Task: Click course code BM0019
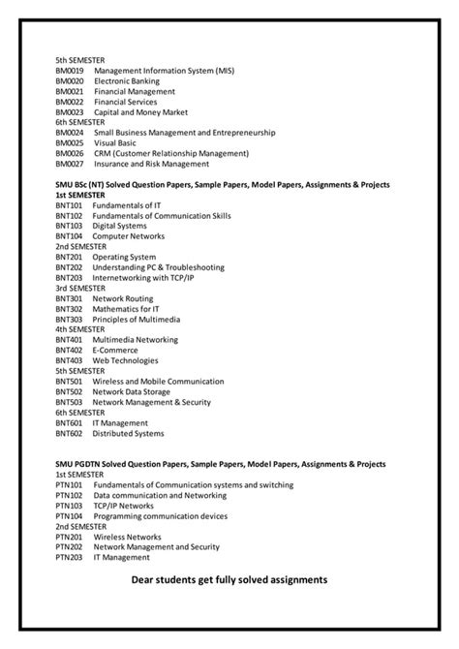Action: pos(70,72)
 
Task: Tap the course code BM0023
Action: pos(70,112)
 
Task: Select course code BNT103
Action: pos(69,226)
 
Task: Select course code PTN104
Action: pos(69,515)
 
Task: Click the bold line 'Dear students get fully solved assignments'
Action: pos(229,579)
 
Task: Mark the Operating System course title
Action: pos(124,256)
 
